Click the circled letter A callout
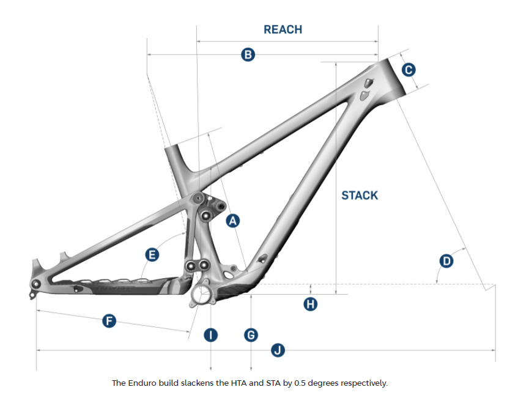click(x=232, y=221)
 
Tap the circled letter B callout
click(x=248, y=55)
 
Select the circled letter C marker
click(x=408, y=70)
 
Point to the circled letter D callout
click(x=446, y=261)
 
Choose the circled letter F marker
click(x=109, y=320)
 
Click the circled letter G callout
click(x=251, y=334)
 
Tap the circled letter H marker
click(x=311, y=303)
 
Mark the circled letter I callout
click(x=210, y=334)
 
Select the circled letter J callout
click(x=278, y=350)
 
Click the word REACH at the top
click(x=283, y=29)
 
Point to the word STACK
click(x=360, y=196)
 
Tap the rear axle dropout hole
click(x=35, y=284)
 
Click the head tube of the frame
click(x=389, y=76)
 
